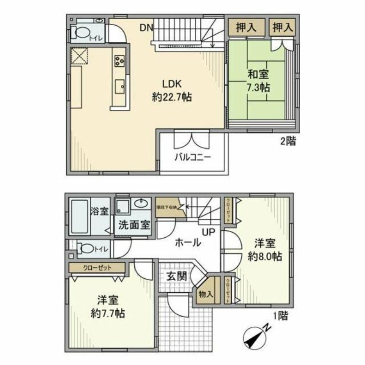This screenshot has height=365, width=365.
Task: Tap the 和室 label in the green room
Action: [258, 74]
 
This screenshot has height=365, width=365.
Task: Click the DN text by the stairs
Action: [146, 28]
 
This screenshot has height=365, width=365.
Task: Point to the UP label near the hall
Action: [208, 232]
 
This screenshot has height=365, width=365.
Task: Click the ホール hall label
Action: [188, 243]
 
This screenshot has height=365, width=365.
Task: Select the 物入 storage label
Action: [206, 294]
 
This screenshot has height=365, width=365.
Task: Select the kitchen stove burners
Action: [120, 60]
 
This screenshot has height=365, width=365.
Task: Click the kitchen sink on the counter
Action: [120, 85]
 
